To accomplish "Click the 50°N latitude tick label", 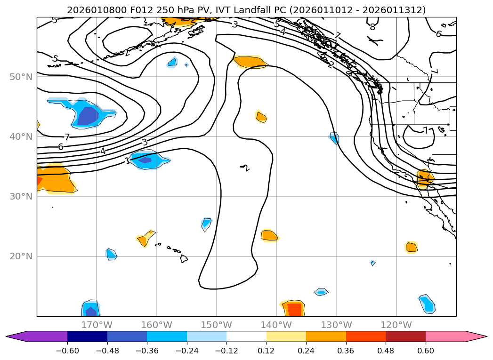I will pos(21,77).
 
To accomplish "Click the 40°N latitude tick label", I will pos(21,136).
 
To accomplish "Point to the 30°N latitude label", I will pos(21,196).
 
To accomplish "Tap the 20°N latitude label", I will pos(21,256).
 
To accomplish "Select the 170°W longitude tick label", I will pos(97,325).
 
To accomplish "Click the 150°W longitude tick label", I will pos(216,325).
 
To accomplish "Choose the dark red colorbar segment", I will pos(405,336).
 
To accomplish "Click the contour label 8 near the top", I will pos(372,27).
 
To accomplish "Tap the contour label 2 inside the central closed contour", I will pos(246,168).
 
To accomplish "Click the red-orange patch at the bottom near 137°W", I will pos(294,309).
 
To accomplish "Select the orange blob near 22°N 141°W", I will pos(269,235).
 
